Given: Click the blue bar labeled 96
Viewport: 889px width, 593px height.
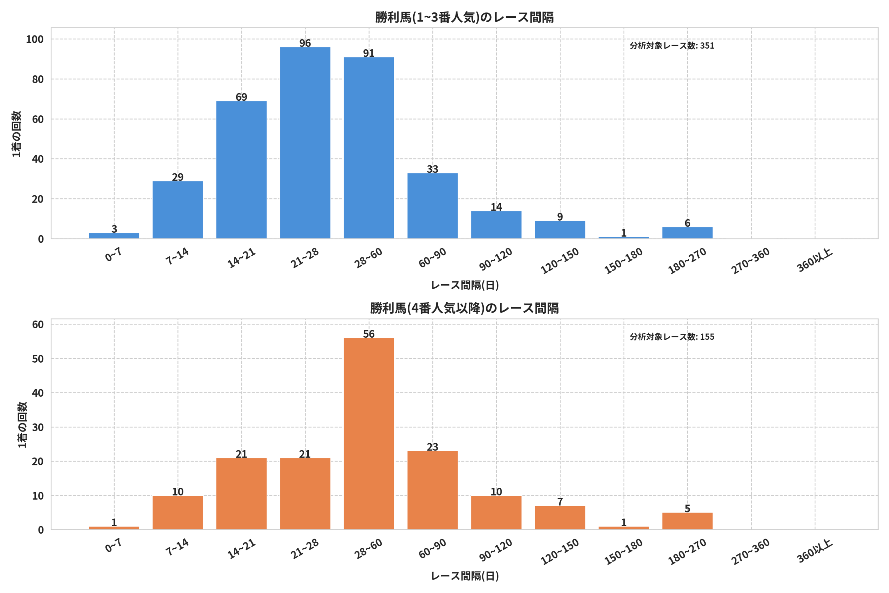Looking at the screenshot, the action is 305,143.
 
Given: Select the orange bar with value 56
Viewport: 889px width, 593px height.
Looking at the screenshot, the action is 369,434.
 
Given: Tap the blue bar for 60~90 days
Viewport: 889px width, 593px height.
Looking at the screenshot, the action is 432,206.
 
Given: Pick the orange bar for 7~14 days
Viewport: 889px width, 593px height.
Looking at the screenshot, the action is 178,512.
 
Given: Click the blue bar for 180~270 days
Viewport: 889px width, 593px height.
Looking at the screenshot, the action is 688,233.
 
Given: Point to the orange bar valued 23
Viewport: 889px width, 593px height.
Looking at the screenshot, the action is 432,490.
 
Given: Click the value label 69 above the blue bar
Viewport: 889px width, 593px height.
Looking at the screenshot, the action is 242,97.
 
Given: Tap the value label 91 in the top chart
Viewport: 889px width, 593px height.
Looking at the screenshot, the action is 369,53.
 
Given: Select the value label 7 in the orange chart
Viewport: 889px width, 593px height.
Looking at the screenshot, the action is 560,502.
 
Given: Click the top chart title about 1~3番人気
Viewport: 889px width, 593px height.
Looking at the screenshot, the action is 465,17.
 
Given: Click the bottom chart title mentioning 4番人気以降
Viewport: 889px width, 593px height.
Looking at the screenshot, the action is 465,308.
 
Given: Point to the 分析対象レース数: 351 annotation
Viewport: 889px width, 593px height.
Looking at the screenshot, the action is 672,46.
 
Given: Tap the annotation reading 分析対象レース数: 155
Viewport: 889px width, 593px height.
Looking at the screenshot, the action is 672,337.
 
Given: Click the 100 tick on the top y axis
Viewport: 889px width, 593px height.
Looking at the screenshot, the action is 35,39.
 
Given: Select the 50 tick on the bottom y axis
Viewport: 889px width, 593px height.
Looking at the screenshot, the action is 38,359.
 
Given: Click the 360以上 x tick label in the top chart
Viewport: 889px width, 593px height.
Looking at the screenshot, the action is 815,261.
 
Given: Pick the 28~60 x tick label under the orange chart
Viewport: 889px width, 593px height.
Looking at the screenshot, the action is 368,549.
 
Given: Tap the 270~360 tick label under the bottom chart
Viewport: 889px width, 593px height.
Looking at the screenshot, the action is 751,552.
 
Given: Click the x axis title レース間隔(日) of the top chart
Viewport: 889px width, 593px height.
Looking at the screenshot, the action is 465,285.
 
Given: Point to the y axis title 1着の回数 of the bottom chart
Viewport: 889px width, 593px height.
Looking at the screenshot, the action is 22,425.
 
